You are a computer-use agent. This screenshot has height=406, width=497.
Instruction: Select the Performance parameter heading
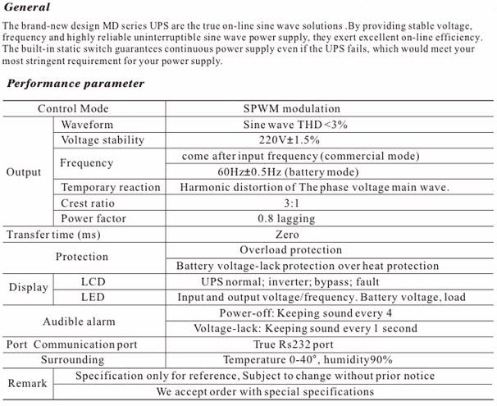(x=75, y=83)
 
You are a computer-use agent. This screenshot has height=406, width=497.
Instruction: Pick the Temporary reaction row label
(x=111, y=187)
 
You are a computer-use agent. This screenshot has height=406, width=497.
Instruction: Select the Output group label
(x=23, y=172)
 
